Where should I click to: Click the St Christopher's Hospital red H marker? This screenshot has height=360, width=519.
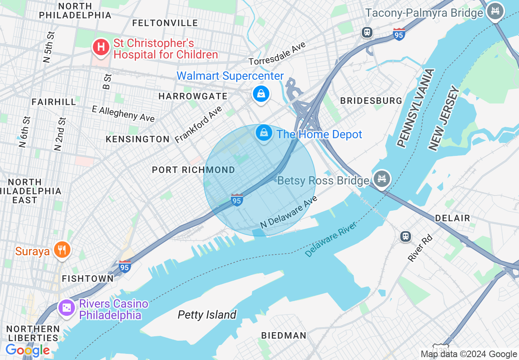click(x=101, y=47)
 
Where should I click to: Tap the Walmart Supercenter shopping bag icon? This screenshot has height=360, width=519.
click(x=260, y=94)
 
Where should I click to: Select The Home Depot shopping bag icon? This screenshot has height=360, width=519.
click(x=264, y=133)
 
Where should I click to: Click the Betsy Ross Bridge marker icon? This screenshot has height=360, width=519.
click(x=381, y=179)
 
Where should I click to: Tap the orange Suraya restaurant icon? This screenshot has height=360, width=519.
click(x=62, y=249)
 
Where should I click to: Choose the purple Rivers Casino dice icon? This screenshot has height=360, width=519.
click(x=67, y=307)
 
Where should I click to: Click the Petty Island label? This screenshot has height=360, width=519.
click(x=207, y=315)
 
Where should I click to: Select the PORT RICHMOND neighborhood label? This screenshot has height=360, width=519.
click(x=193, y=170)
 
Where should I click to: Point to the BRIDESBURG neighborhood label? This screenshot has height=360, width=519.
click(x=371, y=101)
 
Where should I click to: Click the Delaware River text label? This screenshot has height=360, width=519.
click(x=331, y=239)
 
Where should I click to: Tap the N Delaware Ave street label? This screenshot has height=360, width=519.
click(x=289, y=212)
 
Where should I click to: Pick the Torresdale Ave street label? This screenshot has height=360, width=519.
click(x=277, y=54)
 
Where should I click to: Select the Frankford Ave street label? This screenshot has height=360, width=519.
click(x=198, y=124)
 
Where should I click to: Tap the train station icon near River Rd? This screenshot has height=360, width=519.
click(x=405, y=236)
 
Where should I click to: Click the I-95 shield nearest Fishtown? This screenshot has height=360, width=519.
click(x=124, y=267)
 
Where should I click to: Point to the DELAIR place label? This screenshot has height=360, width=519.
click(x=452, y=218)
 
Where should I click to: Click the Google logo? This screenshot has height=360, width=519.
click(x=27, y=350)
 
